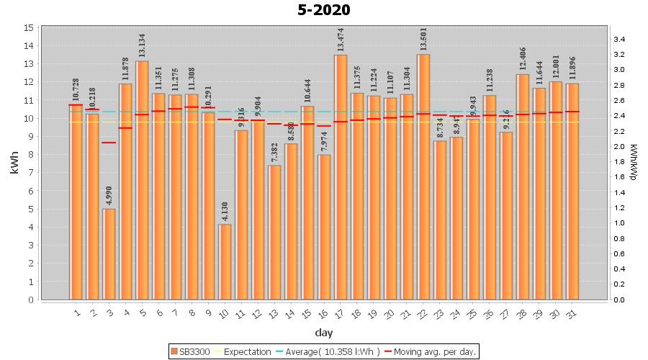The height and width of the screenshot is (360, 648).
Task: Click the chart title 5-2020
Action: (x=324, y=10)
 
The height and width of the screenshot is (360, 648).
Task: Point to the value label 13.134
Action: (x=142, y=45)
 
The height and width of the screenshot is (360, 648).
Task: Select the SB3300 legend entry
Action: (x=191, y=351)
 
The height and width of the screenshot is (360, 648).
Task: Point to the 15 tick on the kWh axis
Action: (x=29, y=27)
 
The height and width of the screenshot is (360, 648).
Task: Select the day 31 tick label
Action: (x=572, y=313)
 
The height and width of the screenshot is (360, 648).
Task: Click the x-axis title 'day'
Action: (x=323, y=333)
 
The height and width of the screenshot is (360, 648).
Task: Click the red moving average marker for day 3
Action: (x=109, y=143)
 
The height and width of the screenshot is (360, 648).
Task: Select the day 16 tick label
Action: (x=323, y=313)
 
